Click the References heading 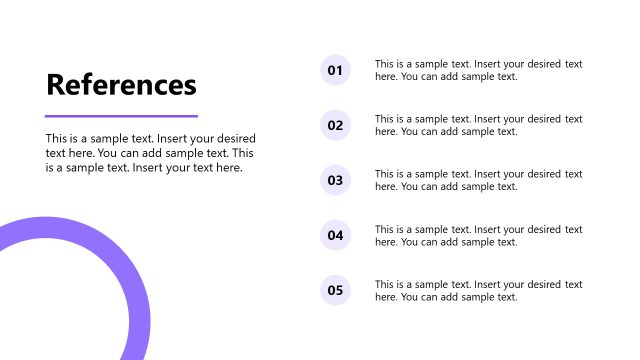[121, 85]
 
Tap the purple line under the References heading [121, 116]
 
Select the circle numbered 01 [335, 70]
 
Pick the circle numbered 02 [335, 125]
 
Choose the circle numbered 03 [335, 181]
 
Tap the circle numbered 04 [335, 236]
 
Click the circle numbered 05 [335, 291]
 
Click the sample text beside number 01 [478, 70]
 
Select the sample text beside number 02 [478, 125]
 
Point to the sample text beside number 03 [478, 180]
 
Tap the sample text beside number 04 [478, 235]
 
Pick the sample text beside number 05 [478, 290]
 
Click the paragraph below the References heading [150, 153]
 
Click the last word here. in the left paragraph [228, 168]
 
